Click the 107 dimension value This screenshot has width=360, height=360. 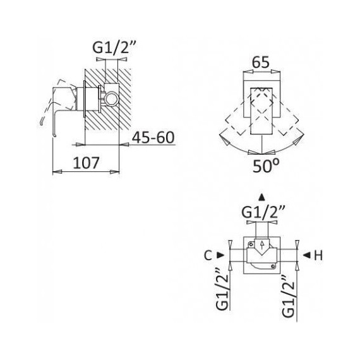point(86,162)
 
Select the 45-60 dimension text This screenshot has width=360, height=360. point(153,137)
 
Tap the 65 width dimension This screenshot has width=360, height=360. point(260,62)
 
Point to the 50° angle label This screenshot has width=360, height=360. point(266,165)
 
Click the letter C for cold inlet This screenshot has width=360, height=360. point(208,255)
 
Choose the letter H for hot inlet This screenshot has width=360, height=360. point(318,255)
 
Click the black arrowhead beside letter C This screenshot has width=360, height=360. point(220,255)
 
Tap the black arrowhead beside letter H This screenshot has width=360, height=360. point(307,255)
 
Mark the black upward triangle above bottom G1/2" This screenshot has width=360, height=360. point(261,197)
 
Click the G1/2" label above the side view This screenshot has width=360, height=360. point(114,47)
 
